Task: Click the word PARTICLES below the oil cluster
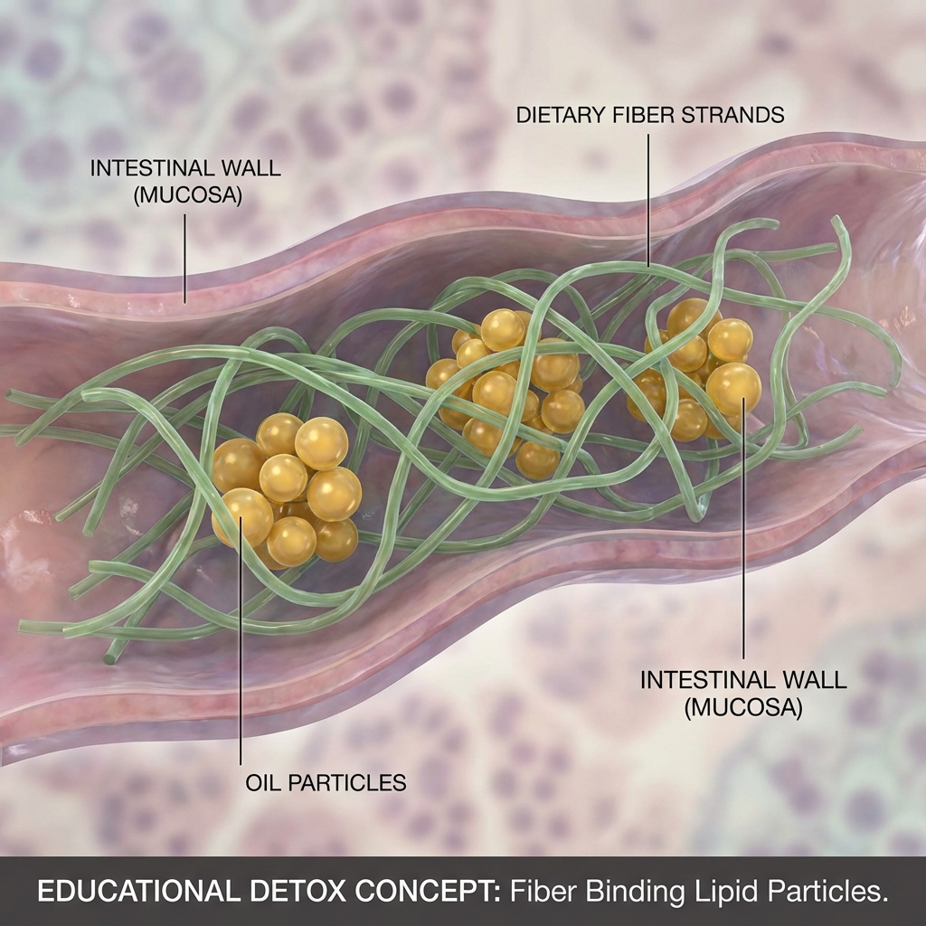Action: coord(347,782)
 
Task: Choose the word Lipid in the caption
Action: coord(713,891)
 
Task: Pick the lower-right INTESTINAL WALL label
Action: coord(743,680)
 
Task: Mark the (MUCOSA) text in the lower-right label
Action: coord(744,707)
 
